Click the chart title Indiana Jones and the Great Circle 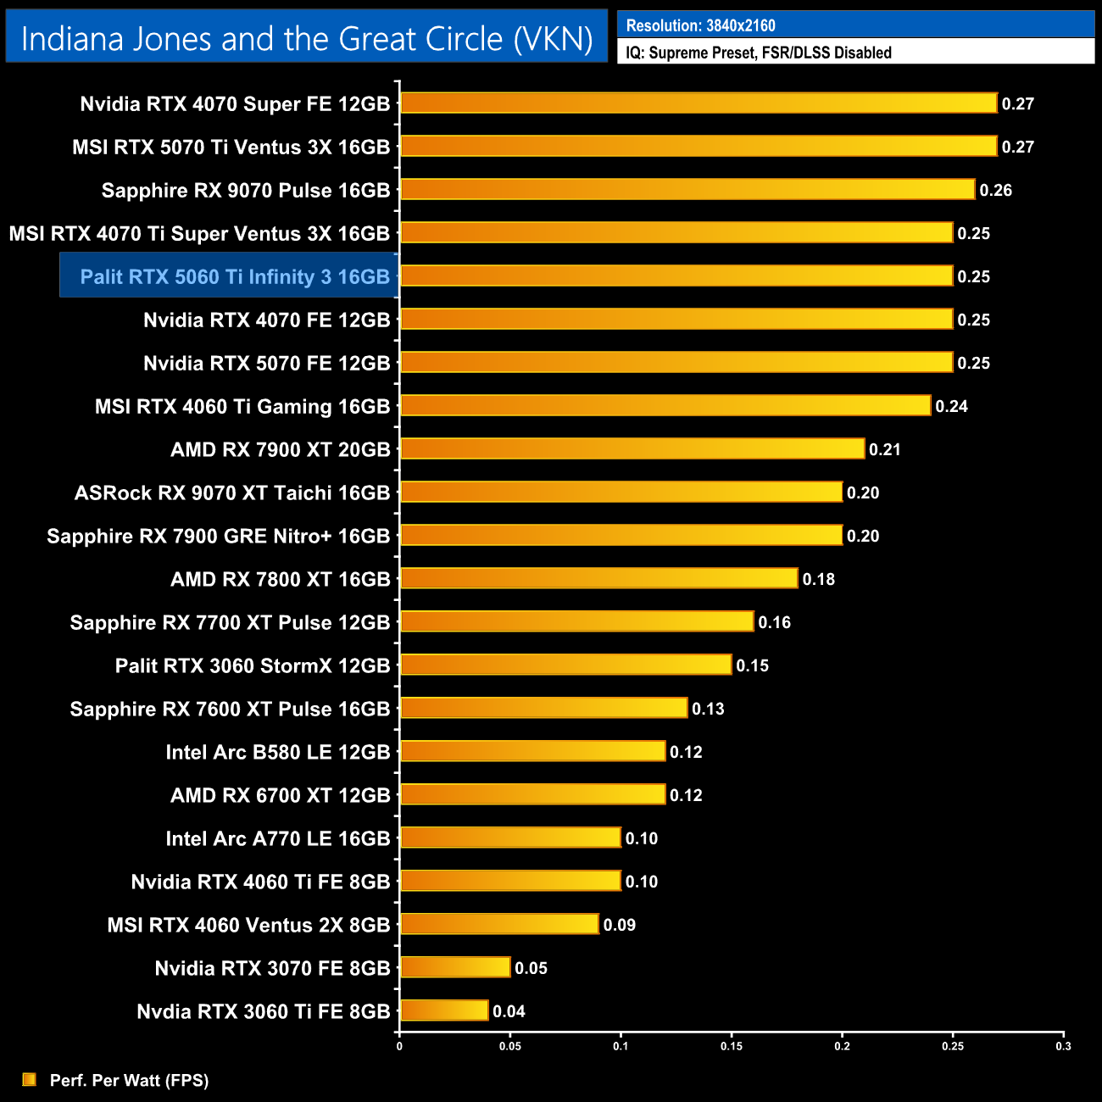coord(306,39)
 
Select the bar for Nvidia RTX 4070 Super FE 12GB coord(698,103)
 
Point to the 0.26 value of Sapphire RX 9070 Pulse coord(995,190)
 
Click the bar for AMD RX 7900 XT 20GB coord(632,449)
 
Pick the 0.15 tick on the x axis coord(732,1046)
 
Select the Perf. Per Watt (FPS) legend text coord(129,1080)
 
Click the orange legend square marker coord(30,1079)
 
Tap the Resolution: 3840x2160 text coord(700,25)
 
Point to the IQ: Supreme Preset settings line coord(759,53)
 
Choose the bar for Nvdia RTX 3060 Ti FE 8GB coord(444,1010)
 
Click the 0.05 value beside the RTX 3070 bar coord(531,968)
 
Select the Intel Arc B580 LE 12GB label coord(278,752)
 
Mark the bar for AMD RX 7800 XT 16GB coord(598,579)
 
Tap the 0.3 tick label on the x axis coord(1063,1046)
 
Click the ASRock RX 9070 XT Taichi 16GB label coord(232,493)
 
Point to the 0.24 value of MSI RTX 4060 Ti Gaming coord(951,406)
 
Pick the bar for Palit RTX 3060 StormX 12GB coord(565,665)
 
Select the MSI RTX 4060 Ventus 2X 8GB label coord(248,925)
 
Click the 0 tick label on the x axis coord(399,1046)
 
